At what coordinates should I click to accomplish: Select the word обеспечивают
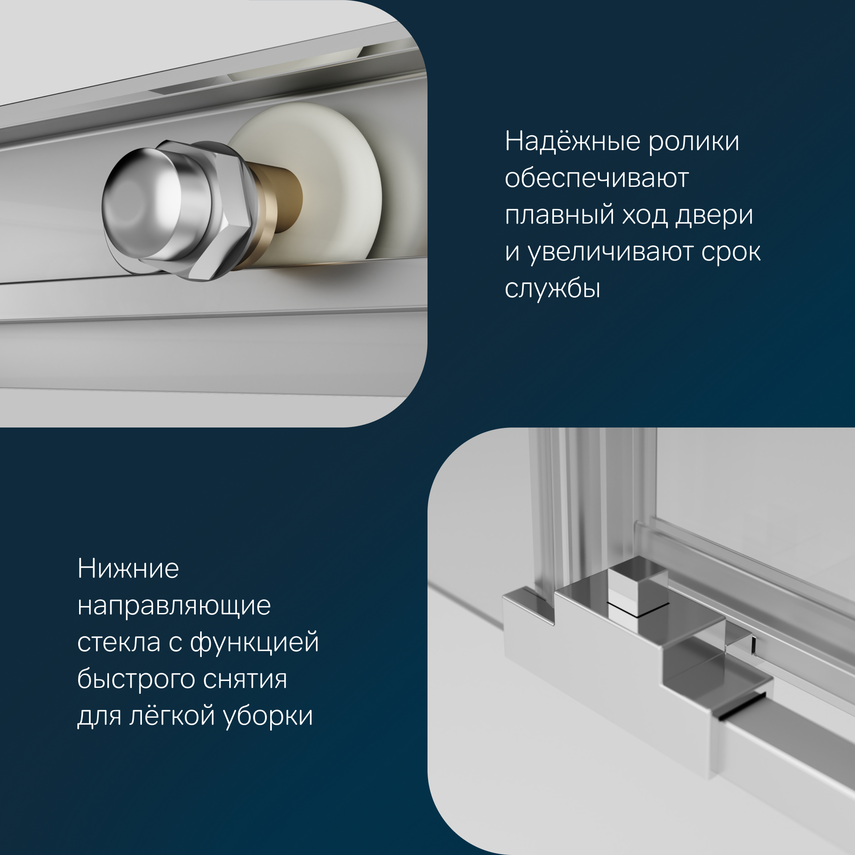[596, 178]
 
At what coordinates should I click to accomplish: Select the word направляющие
[174, 606]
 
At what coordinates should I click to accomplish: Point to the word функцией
[254, 643]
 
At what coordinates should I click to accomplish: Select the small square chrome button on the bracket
[637, 589]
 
